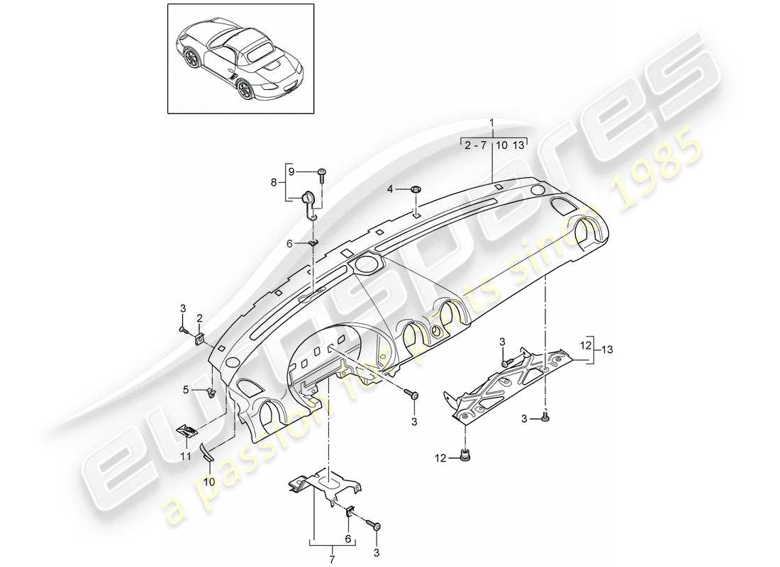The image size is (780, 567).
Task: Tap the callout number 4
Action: pyautogui.click(x=390, y=189)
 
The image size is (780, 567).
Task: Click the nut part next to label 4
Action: pyautogui.click(x=415, y=189)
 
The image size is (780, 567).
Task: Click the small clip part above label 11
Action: pyautogui.click(x=187, y=430)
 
